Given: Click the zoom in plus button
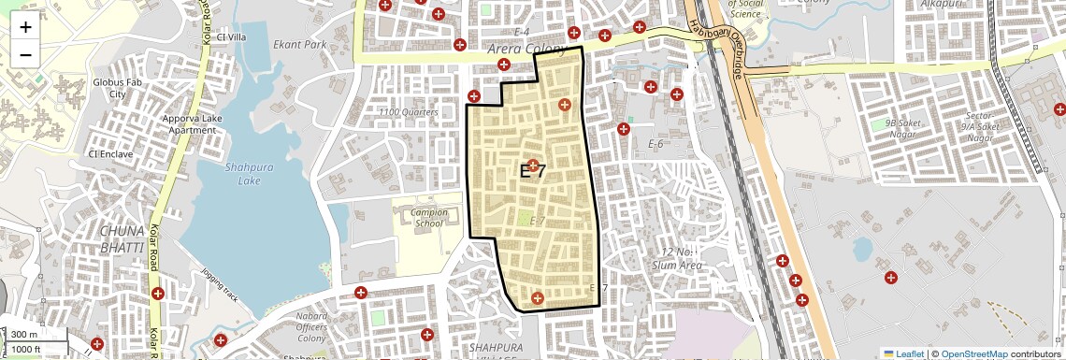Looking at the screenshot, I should click(25, 26).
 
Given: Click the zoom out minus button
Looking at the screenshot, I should click(25, 54).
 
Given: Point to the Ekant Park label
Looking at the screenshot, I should click(300, 44).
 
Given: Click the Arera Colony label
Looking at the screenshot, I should click(526, 49).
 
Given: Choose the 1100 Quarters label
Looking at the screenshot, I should click(409, 112).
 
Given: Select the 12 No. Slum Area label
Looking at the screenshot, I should click(681, 259).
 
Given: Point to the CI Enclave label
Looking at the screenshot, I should click(110, 153).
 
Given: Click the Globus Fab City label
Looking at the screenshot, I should click(117, 88).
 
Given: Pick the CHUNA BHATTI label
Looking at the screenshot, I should click(124, 238).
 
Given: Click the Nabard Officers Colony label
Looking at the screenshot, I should click(310, 326).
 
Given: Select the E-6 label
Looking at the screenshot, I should click(655, 144).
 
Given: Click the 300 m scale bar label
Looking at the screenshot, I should click(24, 335).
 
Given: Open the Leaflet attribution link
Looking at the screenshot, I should click(903, 353).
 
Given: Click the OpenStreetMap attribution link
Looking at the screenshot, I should click(974, 353).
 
